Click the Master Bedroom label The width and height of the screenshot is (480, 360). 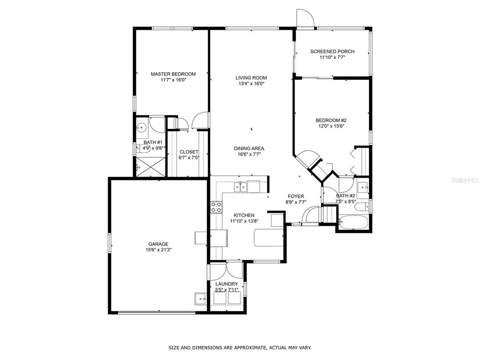(173, 74)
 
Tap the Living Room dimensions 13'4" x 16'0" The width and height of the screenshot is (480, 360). (251, 83)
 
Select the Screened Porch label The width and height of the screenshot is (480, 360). (332, 52)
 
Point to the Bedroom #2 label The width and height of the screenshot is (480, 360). (331, 120)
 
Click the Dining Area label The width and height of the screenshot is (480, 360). (249, 149)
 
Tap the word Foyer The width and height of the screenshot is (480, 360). (296, 196)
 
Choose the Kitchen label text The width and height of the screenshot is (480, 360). (244, 215)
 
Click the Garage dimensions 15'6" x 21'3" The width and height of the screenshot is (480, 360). (158, 250)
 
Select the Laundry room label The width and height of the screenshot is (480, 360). (226, 284)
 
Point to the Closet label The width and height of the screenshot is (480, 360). (189, 152)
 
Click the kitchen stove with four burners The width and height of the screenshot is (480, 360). (216, 207)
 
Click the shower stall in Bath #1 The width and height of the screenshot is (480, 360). (150, 167)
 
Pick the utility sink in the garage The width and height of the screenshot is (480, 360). (201, 299)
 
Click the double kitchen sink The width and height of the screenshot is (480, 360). (240, 187)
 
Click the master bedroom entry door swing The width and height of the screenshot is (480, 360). (201, 120)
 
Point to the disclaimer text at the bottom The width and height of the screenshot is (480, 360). (240, 347)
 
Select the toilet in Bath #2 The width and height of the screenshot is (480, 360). (362, 207)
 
